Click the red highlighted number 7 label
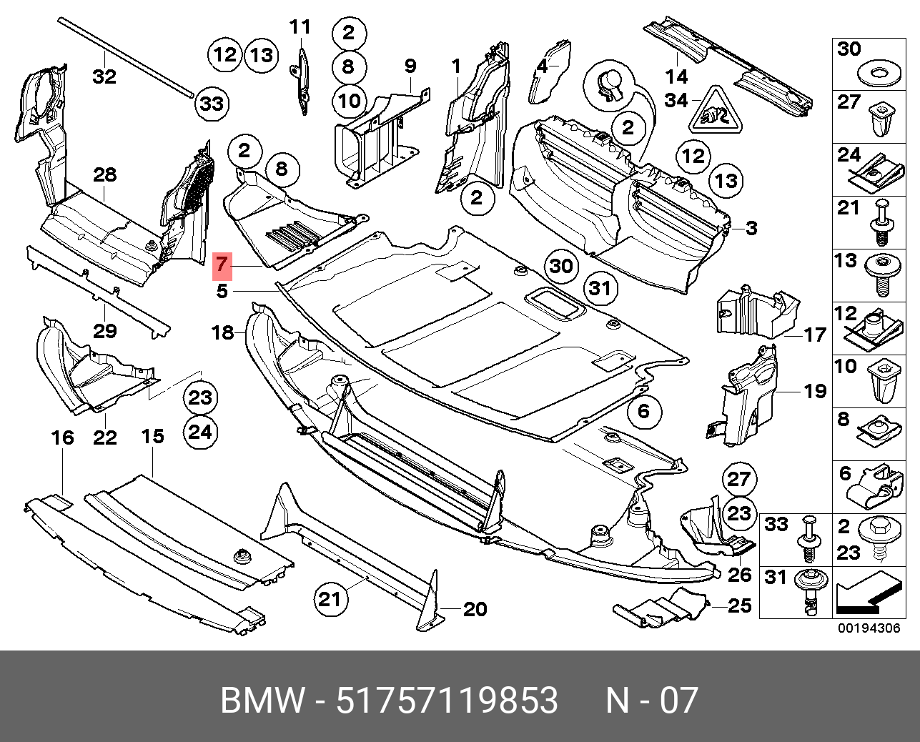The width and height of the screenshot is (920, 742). point(222,265)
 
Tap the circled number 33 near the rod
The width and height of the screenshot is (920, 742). point(211,104)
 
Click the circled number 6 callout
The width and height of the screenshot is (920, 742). point(643,411)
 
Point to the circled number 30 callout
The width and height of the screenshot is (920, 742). point(561,266)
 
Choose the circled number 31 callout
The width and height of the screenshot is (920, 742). point(600,288)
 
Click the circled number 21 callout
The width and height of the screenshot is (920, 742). point(330,599)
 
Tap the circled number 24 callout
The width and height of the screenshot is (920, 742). point(200,432)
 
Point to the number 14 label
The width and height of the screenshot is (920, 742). point(676,76)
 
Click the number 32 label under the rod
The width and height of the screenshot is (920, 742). point(104,76)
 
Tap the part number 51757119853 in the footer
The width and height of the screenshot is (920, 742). point(447,701)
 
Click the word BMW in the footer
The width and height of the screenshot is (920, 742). point(262,701)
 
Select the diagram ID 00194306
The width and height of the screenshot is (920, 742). point(869,628)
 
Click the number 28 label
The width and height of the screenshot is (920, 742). point(104,175)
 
